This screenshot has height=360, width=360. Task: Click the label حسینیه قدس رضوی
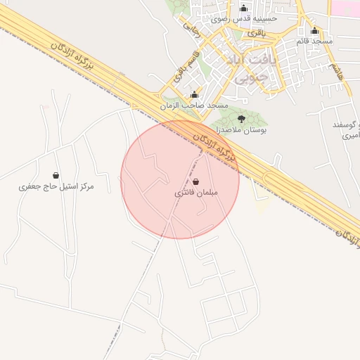click(x=244, y=19)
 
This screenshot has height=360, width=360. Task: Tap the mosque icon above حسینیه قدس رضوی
click(x=244, y=8)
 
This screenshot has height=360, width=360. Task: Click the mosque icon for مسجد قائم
click(x=314, y=31)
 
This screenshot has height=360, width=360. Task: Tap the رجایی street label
click(x=191, y=27)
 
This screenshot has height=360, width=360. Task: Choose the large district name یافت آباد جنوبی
click(x=245, y=68)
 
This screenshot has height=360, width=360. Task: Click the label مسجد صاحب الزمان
click(x=194, y=105)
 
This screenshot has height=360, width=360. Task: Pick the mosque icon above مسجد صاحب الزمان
click(x=195, y=95)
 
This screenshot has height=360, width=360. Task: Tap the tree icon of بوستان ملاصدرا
click(x=242, y=119)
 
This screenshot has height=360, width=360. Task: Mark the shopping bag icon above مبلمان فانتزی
click(x=195, y=181)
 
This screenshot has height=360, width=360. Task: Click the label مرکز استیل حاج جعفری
click(x=56, y=186)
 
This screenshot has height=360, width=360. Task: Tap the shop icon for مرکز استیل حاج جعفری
click(x=56, y=175)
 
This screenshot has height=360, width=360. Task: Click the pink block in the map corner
click(x=345, y=6)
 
